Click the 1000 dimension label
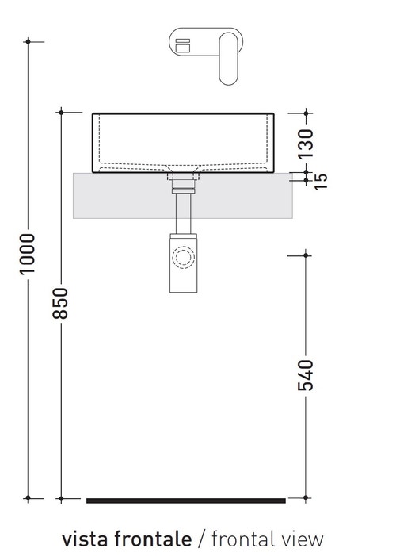27,254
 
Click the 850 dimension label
63,303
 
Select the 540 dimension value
307,376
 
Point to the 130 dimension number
307,141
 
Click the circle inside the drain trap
184,259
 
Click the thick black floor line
185,500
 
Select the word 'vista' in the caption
85,539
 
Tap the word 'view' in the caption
303,539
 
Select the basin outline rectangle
184,143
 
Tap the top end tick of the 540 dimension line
307,255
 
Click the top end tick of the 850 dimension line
63,113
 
